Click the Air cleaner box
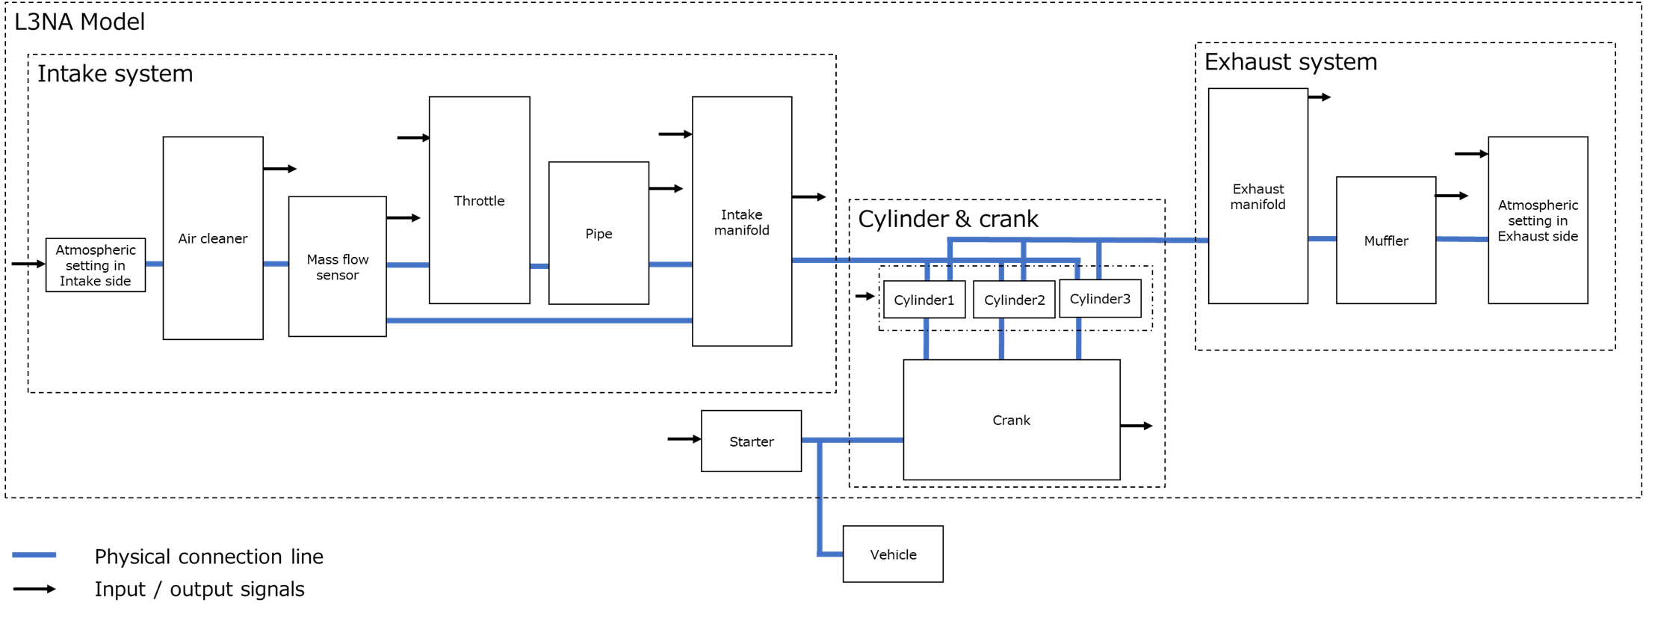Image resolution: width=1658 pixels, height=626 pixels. click(213, 238)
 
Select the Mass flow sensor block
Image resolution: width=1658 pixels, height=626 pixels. click(337, 266)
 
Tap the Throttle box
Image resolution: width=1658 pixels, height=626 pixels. click(479, 199)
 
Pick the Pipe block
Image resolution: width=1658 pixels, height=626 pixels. click(598, 233)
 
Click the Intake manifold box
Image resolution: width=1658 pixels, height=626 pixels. click(741, 221)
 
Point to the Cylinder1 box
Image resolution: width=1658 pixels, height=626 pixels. click(924, 300)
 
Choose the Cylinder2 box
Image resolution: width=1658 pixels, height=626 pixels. click(1014, 300)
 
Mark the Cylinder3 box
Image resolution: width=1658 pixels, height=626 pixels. click(1100, 299)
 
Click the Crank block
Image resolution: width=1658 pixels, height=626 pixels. click(1011, 420)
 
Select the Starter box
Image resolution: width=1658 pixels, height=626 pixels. click(751, 441)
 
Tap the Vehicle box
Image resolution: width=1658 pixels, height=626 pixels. click(893, 554)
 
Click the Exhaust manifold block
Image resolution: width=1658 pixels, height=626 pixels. click(1258, 196)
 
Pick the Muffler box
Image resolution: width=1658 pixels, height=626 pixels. click(1385, 240)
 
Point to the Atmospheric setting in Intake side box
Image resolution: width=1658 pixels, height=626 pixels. click(95, 265)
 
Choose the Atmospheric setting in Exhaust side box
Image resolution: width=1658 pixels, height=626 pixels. click(1538, 220)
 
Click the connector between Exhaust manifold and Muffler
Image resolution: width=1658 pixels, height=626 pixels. click(1322, 239)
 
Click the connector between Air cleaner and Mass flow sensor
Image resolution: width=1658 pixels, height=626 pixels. click(276, 264)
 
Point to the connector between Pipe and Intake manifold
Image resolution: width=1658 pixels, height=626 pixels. click(670, 264)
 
